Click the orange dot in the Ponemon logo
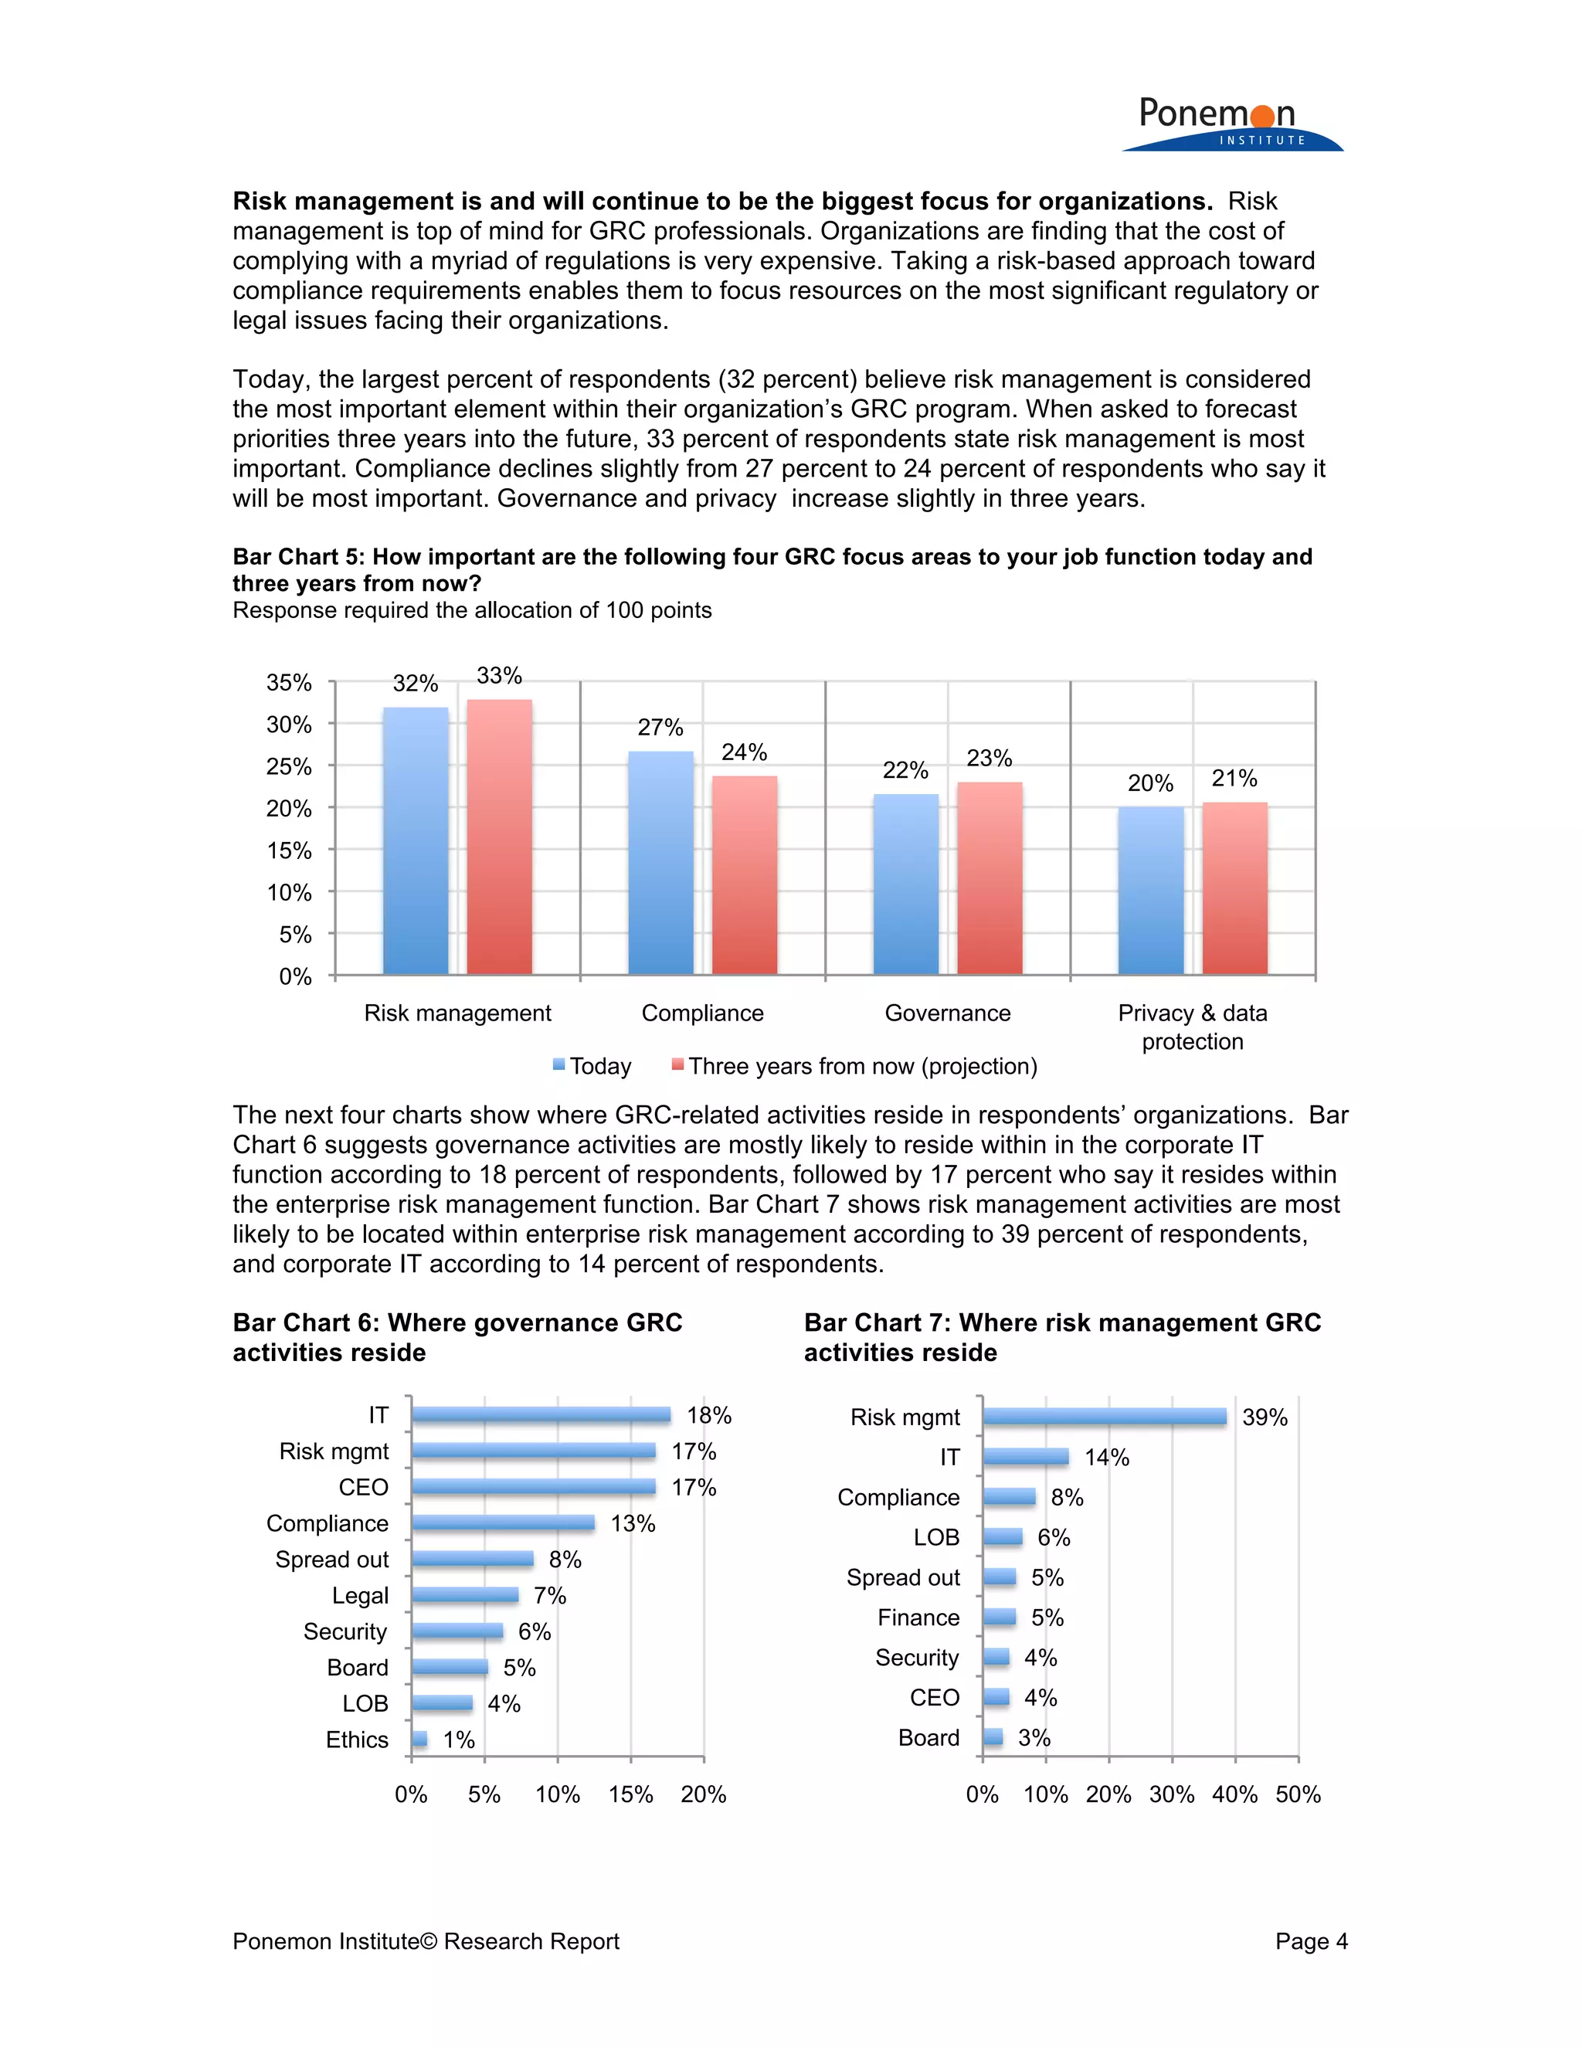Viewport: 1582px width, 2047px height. tap(1262, 116)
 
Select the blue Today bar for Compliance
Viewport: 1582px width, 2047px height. tap(660, 862)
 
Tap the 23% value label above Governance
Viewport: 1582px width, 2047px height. tap(989, 759)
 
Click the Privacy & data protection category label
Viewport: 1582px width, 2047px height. tap(1192, 1027)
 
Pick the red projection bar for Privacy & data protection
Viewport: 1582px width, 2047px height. tap(1234, 888)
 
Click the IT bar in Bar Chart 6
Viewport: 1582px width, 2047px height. tap(541, 1415)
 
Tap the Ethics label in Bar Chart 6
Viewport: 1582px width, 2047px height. tap(356, 1740)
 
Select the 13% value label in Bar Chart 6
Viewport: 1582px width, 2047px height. tap(633, 1524)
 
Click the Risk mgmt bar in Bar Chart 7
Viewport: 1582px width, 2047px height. tap(1104, 1416)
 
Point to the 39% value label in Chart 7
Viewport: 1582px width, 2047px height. tap(1265, 1418)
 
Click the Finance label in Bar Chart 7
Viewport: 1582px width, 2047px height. tap(918, 1618)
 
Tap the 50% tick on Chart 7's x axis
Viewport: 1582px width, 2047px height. tap(1298, 1794)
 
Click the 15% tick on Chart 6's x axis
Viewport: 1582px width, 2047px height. tap(631, 1794)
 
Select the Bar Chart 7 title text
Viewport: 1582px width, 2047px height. tap(1062, 1337)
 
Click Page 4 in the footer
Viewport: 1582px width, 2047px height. tap(1310, 1941)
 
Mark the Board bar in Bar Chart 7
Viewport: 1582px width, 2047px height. tap(993, 1736)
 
